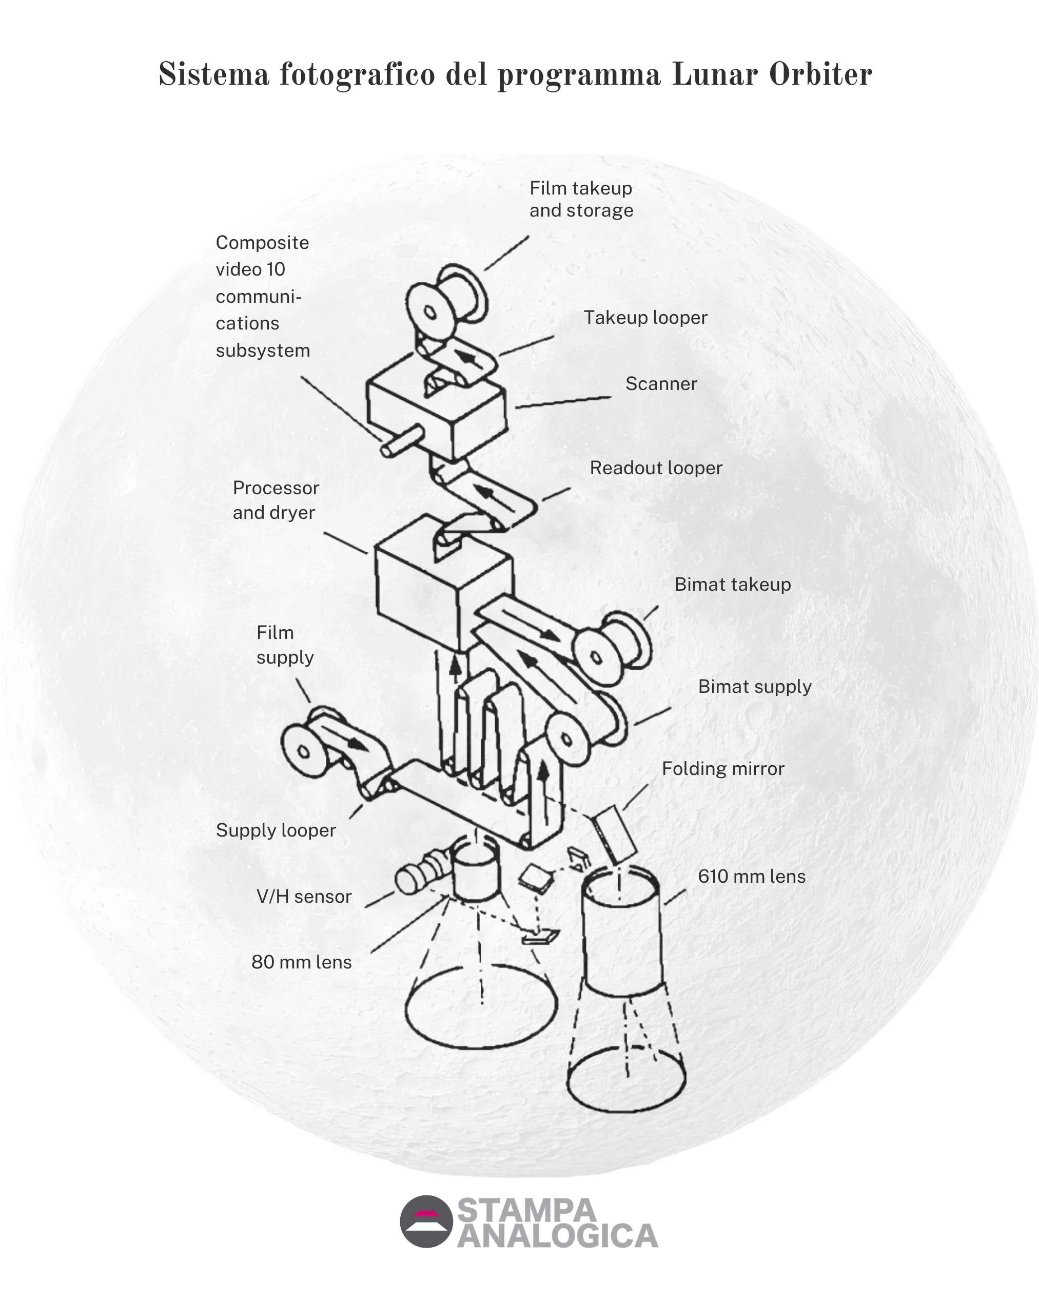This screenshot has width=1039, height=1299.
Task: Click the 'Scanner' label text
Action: [661, 384]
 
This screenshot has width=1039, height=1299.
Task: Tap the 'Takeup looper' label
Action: [645, 318]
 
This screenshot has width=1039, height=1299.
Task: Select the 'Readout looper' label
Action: [655, 468]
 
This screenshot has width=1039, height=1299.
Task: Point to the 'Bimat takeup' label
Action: [732, 585]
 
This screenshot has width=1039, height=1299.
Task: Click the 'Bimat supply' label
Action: [754, 686]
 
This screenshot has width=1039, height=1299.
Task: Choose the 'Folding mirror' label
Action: [723, 769]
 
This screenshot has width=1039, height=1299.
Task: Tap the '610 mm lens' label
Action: [751, 877]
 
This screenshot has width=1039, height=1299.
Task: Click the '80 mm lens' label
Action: [301, 962]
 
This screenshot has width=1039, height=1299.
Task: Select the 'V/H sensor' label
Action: [304, 897]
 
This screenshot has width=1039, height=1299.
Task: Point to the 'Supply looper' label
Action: [275, 830]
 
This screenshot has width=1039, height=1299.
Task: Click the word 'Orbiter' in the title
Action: [820, 75]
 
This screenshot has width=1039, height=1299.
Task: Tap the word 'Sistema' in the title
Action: [213, 75]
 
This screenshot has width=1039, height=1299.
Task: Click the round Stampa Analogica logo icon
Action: [426, 1222]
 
